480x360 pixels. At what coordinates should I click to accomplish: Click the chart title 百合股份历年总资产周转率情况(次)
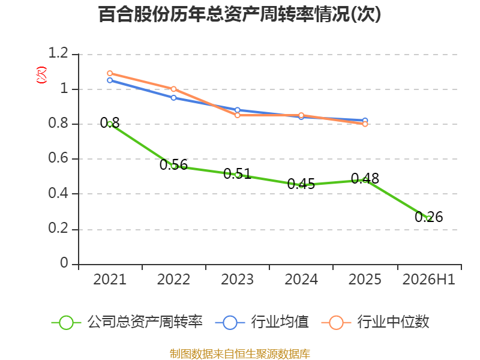click(239, 14)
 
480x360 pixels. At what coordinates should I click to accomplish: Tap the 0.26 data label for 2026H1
click(428, 217)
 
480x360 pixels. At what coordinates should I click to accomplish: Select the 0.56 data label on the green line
click(173, 165)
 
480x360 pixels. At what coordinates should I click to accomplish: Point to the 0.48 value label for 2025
click(365, 178)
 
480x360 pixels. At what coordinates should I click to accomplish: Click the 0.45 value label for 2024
click(301, 184)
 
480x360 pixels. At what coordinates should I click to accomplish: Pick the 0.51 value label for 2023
click(237, 174)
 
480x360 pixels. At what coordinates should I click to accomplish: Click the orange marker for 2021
click(110, 73)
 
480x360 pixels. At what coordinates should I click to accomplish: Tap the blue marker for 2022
click(173, 98)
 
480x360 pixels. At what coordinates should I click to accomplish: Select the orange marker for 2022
click(173, 89)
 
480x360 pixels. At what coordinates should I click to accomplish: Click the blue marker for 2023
click(237, 110)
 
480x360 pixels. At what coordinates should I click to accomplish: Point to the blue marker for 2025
click(365, 121)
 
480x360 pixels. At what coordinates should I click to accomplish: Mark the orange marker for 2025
click(365, 124)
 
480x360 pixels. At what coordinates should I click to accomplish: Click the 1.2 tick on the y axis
click(58, 53)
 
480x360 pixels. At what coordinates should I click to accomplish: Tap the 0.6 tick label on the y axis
click(58, 158)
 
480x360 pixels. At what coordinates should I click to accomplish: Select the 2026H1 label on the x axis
click(429, 280)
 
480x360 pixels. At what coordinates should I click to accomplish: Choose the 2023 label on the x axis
click(237, 280)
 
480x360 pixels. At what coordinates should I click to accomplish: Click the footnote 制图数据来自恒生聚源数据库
click(240, 354)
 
